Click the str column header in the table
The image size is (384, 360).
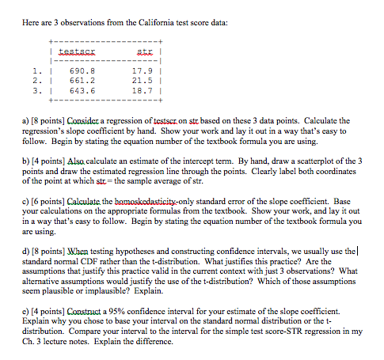(143, 48)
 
